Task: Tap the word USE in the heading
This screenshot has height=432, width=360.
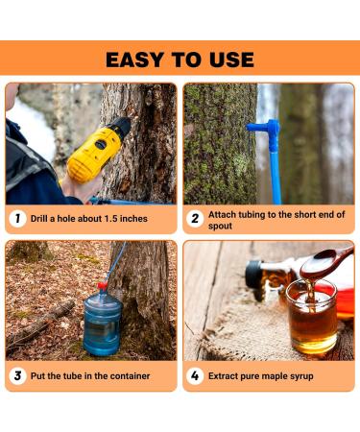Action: click(x=231, y=60)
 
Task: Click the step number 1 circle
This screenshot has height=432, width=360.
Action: click(x=17, y=219)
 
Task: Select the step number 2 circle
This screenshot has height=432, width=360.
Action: click(x=195, y=219)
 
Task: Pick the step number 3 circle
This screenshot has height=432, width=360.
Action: click(x=17, y=375)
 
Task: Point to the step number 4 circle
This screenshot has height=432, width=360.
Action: click(x=195, y=375)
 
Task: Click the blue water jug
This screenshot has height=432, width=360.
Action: click(x=103, y=324)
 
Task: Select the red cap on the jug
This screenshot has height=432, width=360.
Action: click(x=103, y=285)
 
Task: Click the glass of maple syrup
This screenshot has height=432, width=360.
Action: click(x=312, y=317)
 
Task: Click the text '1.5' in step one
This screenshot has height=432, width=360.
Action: click(x=111, y=219)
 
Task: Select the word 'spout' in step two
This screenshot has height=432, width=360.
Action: click(x=220, y=227)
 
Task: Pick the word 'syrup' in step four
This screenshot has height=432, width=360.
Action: click(x=301, y=376)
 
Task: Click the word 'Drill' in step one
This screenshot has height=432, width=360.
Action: click(x=39, y=219)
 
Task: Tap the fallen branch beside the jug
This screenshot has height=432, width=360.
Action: click(x=40, y=324)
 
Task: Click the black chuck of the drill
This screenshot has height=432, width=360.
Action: click(x=123, y=127)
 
